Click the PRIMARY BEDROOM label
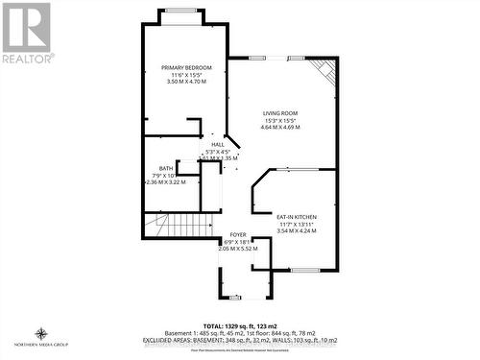(186, 67)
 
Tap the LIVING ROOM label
(280, 113)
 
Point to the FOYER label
(238, 234)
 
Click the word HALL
(217, 144)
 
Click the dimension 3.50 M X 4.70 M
(186, 83)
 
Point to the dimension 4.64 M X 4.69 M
(280, 129)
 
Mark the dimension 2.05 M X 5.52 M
(238, 250)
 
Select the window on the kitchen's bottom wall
(305, 271)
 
